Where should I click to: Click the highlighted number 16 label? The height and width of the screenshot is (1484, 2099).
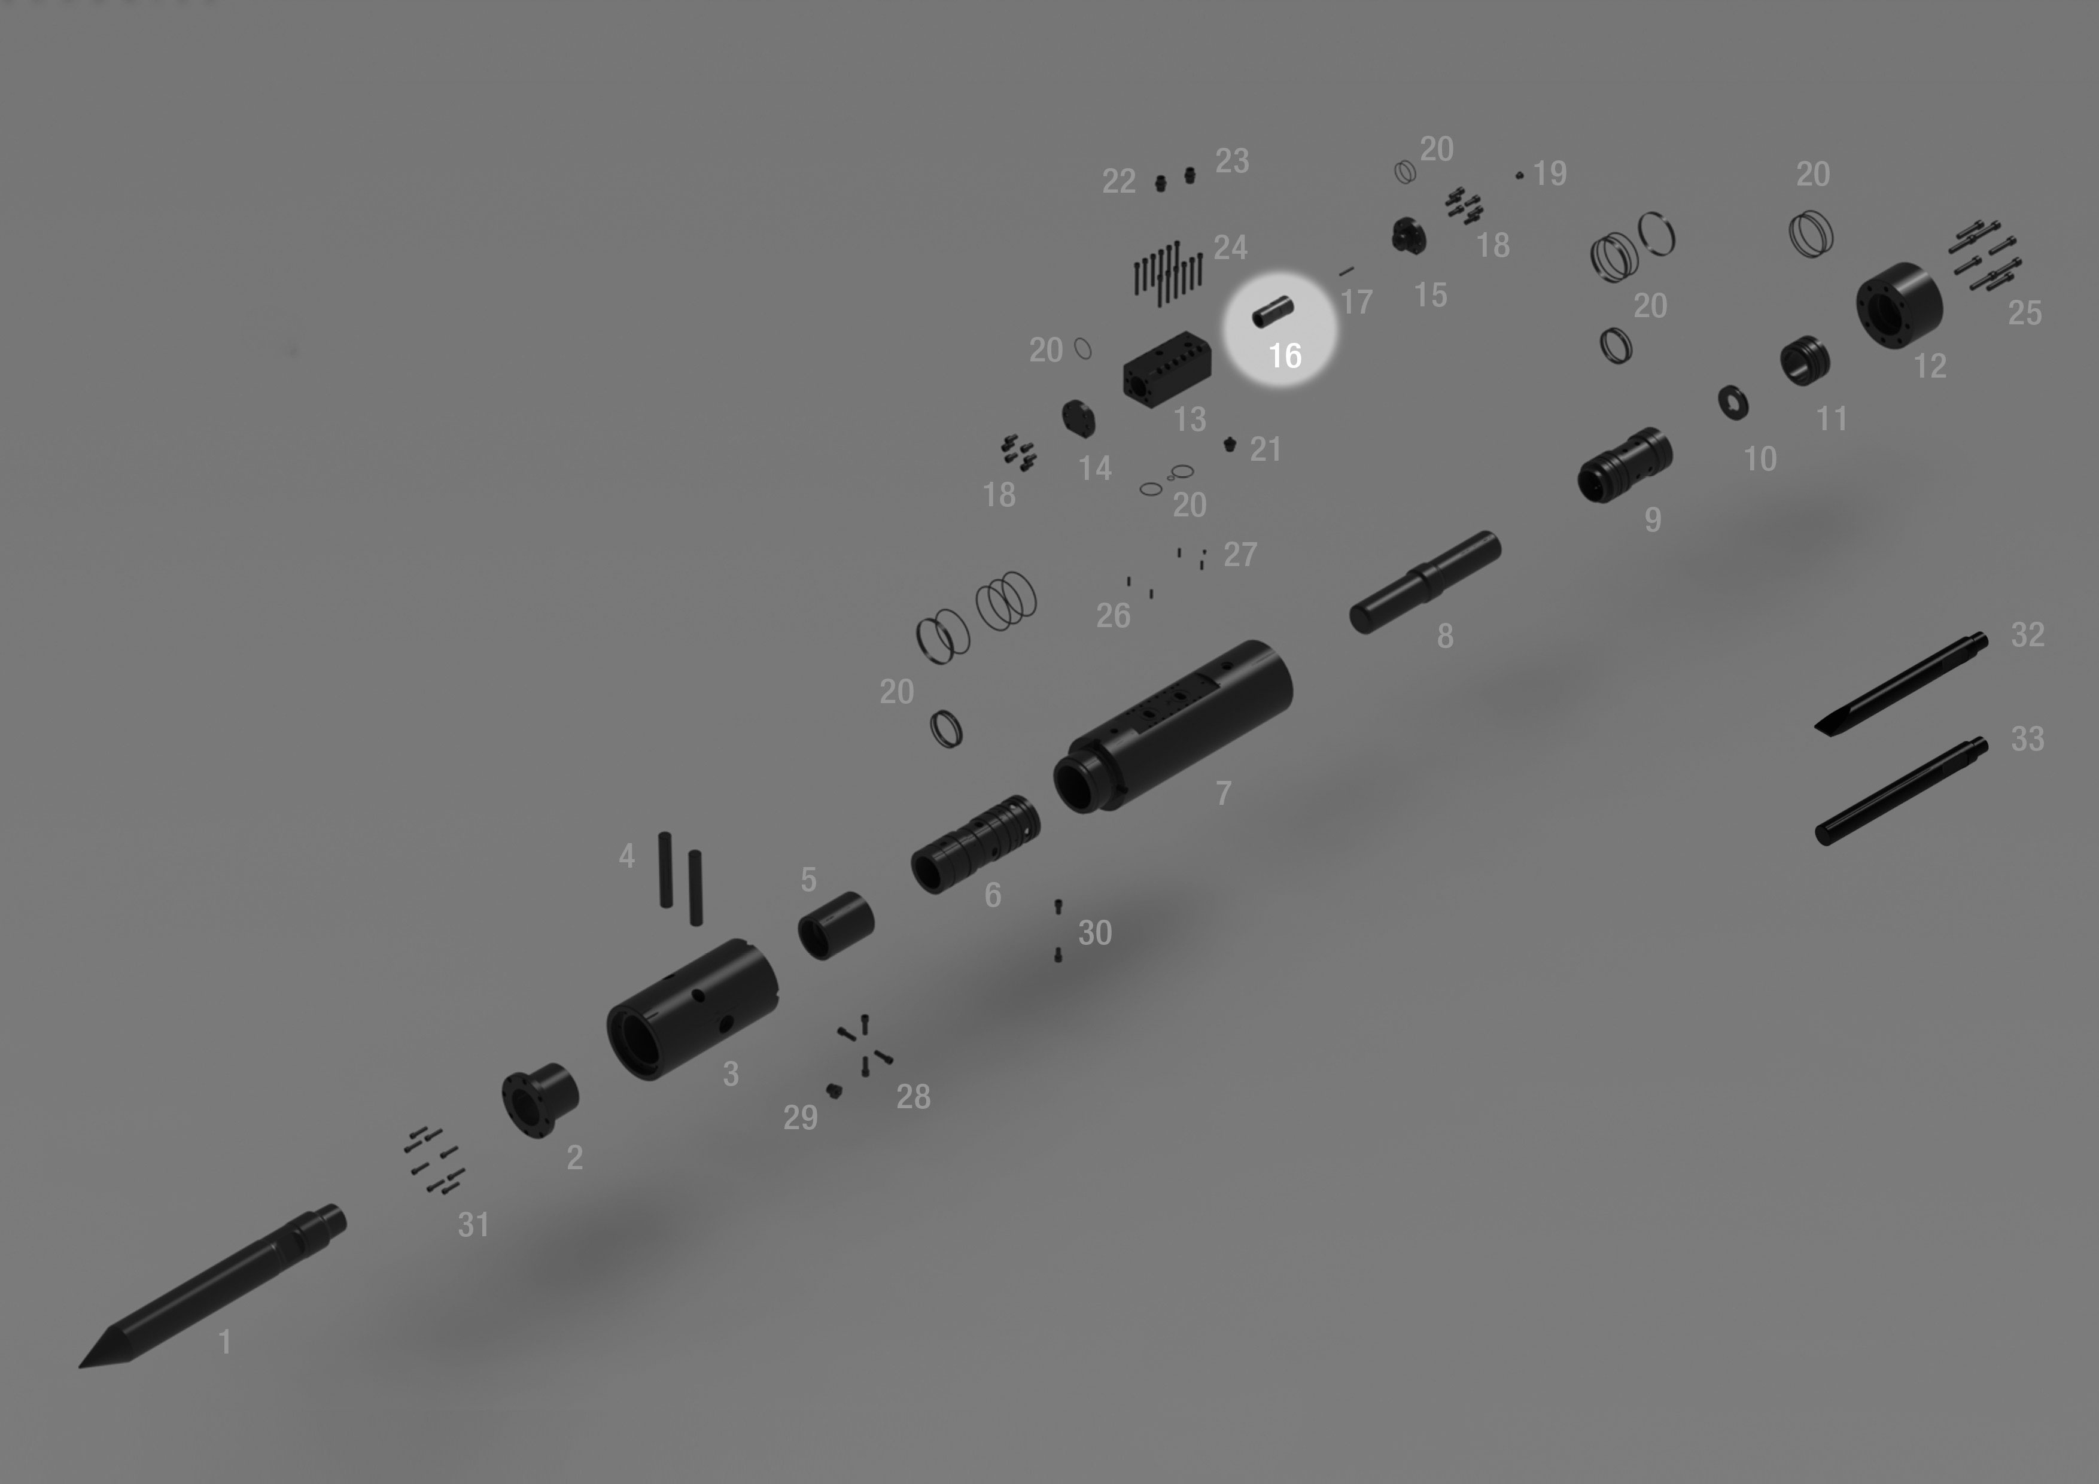click(x=1285, y=355)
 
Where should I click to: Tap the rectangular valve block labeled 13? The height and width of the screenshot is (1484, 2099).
click(x=1167, y=369)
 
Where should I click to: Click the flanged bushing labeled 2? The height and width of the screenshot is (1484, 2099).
click(x=540, y=1100)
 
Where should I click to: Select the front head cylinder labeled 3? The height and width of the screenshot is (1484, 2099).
click(x=692, y=1009)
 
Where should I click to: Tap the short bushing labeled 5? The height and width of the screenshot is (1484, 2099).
click(x=835, y=925)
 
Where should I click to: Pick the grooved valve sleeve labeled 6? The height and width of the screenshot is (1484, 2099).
click(x=975, y=844)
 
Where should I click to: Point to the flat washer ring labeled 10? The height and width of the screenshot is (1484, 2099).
click(x=1733, y=402)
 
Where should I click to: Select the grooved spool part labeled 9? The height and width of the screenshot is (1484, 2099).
click(x=1625, y=466)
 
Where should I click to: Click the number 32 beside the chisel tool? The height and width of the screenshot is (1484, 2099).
click(x=2028, y=634)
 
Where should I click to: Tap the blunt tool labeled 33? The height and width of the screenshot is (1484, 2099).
click(x=1900, y=791)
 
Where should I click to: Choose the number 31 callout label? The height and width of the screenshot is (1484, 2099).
click(x=473, y=1225)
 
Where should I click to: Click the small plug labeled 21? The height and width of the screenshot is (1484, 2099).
click(x=1230, y=445)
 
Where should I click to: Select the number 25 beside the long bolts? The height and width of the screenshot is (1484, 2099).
click(x=2025, y=314)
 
